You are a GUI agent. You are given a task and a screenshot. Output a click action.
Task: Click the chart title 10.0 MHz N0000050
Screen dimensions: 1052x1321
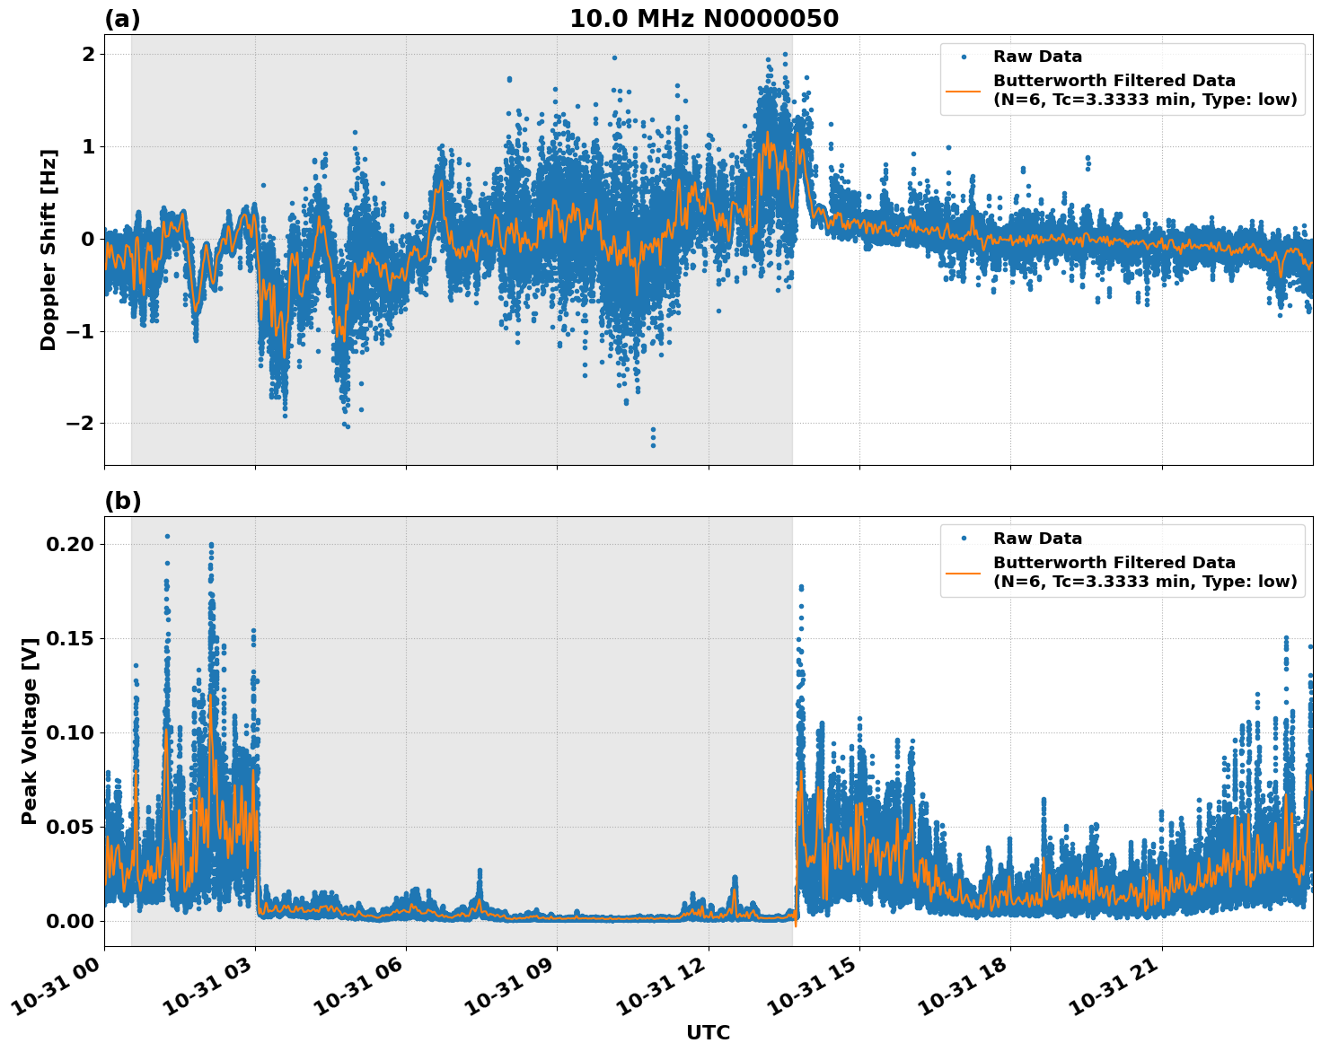click(x=703, y=19)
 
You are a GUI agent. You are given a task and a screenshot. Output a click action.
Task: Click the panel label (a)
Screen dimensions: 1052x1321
click(x=122, y=19)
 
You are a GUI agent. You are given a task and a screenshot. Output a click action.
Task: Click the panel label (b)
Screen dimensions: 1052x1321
click(x=122, y=501)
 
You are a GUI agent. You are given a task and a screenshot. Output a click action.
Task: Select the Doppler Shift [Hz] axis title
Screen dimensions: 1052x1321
click(x=48, y=250)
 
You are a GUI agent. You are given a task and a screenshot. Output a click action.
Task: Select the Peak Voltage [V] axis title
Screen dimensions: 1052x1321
click(x=30, y=732)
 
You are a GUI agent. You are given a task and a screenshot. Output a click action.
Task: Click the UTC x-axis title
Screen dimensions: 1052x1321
click(x=708, y=1032)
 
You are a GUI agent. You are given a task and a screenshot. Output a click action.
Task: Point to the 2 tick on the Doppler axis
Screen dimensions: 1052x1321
click(x=88, y=54)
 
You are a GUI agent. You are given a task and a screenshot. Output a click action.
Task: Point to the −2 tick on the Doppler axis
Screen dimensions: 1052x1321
click(x=79, y=423)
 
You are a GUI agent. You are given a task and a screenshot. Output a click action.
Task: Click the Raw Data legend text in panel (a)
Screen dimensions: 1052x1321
click(x=1037, y=57)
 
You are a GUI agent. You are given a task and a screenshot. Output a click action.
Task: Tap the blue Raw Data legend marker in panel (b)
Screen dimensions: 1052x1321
click(x=964, y=539)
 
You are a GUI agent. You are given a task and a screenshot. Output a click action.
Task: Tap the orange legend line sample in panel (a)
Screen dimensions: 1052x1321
click(x=964, y=90)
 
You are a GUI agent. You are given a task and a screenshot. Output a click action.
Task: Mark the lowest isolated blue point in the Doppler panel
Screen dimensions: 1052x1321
click(x=653, y=445)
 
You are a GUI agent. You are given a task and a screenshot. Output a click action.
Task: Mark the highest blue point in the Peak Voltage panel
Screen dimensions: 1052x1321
click(x=167, y=536)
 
